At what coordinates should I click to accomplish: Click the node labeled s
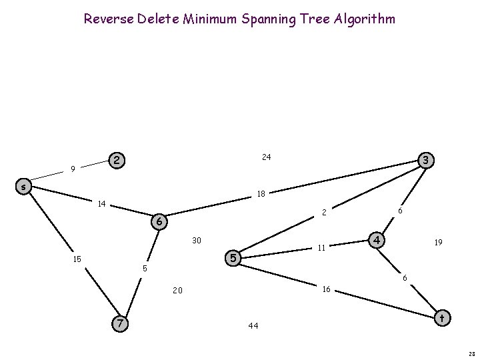pos(23,187)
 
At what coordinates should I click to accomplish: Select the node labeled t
pos(441,319)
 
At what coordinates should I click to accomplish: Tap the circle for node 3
pos(425,160)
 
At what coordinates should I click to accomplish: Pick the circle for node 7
pos(119,323)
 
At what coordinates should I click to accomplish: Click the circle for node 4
pos(377,239)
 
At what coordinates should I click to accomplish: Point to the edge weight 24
pos(266,157)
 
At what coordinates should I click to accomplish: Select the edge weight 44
pos(253,326)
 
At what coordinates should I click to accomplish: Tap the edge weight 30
pos(197,240)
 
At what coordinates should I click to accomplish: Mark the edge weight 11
pos(321,247)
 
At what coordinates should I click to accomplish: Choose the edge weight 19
pos(438,243)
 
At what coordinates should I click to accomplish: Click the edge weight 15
pos(77,259)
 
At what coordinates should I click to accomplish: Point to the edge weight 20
pos(177,291)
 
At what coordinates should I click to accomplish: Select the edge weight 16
pos(327,289)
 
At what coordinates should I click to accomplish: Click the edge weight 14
pos(102,203)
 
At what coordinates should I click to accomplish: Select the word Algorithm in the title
pos(365,19)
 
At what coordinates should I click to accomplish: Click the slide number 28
pos(471,355)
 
